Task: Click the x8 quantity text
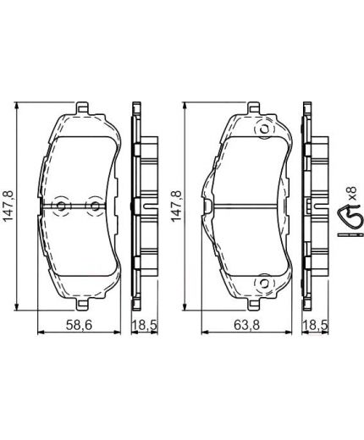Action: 355,206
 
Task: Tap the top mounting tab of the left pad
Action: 82,109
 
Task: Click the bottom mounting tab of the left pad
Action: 82,304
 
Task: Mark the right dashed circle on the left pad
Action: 95,206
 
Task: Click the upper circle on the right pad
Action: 262,130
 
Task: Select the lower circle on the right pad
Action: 262,283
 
